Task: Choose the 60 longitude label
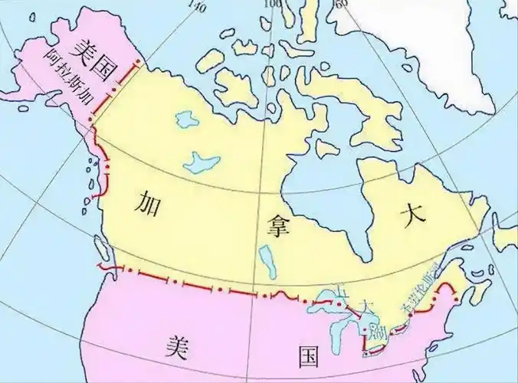[x=340, y=4]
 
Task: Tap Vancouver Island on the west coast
[x=100, y=248]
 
